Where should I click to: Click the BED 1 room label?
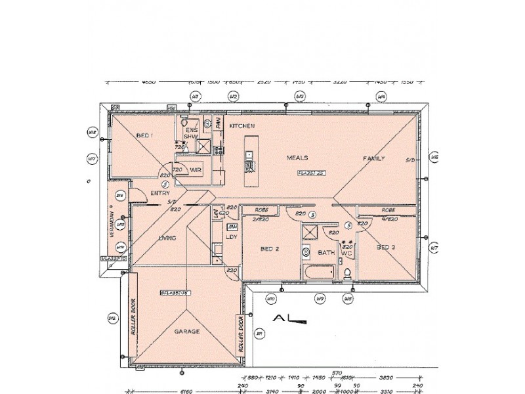(x=144, y=135)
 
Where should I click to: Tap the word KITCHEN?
(x=241, y=125)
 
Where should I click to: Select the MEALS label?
(x=297, y=158)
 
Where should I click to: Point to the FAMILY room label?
(x=375, y=159)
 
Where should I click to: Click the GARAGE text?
(x=186, y=332)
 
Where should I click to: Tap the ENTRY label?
(x=160, y=193)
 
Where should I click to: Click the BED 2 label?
(x=270, y=249)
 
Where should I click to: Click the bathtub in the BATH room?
(x=319, y=273)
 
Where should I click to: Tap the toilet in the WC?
(x=347, y=271)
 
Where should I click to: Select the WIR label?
(x=195, y=170)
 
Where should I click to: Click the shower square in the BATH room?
(x=309, y=233)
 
